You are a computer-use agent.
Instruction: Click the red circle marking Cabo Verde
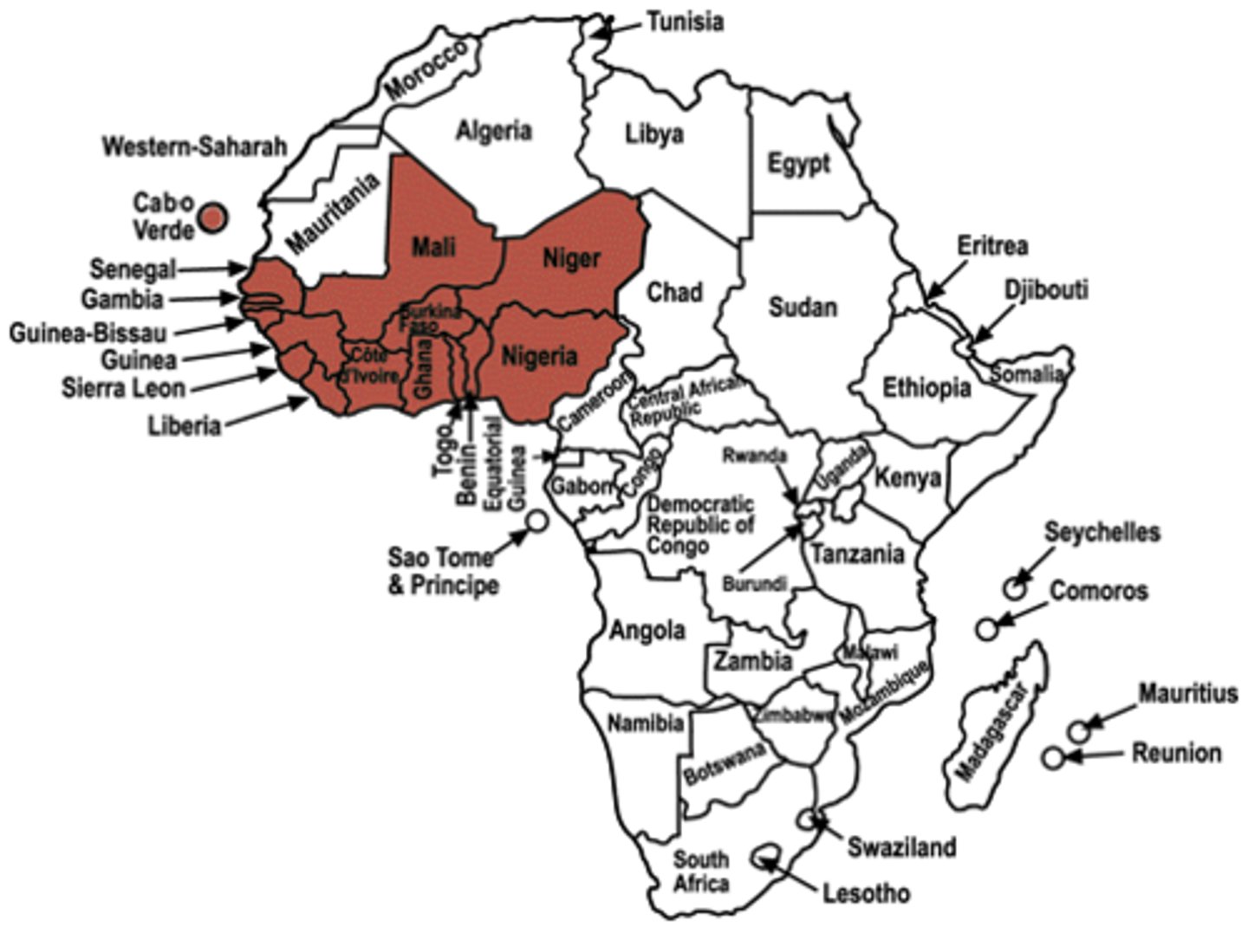coord(213,217)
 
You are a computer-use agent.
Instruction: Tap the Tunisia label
coord(685,21)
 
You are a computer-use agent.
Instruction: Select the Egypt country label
coord(798,163)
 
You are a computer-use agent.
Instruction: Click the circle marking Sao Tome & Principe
coord(537,521)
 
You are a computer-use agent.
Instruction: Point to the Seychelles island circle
coord(1015,588)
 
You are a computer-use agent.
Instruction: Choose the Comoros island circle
coord(986,629)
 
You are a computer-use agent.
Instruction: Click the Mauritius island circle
coord(1078,731)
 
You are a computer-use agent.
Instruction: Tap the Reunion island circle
coord(1052,758)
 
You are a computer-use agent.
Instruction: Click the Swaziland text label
coord(901,846)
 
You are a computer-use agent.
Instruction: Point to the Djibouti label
coord(1046,289)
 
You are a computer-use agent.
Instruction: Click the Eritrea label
coord(992,246)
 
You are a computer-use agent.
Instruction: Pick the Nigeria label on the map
coord(539,356)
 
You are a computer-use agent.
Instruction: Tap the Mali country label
coord(433,248)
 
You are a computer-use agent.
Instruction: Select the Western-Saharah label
coord(194,146)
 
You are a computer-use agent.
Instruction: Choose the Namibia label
coord(646,722)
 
